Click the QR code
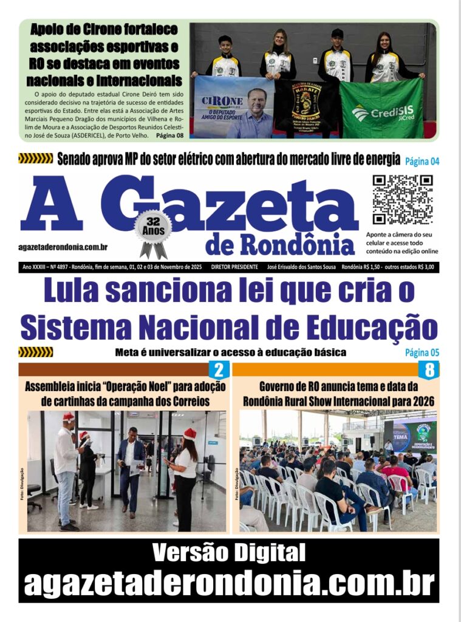click(x=403, y=199)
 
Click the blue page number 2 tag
click(x=219, y=370)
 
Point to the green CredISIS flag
click(x=381, y=109)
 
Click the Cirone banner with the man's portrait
click(x=234, y=108)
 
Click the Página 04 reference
click(x=422, y=161)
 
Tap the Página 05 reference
click(x=422, y=352)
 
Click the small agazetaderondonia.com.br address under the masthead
click(x=63, y=247)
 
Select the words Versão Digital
click(x=229, y=553)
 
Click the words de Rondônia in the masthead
click(x=280, y=244)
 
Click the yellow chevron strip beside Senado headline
click(x=36, y=159)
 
